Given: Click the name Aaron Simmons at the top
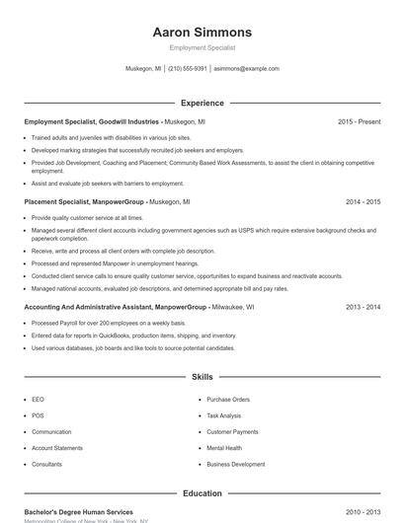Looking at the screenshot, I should click(202, 33).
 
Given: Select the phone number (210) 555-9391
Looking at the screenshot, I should click(188, 69).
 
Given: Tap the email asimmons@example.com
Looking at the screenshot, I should click(246, 69).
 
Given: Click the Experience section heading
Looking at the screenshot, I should click(202, 103).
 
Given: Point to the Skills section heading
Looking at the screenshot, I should click(202, 377).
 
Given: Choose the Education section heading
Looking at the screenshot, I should click(202, 492).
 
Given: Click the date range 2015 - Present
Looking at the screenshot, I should click(359, 121).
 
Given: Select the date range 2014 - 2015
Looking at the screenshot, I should click(363, 201).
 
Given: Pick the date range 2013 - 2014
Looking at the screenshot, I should click(363, 307).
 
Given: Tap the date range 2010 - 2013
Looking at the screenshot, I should click(363, 512).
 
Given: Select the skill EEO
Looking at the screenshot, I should click(38, 400).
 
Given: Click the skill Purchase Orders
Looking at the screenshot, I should click(228, 400).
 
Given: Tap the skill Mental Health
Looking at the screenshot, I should click(224, 448).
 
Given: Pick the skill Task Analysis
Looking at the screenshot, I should click(224, 415).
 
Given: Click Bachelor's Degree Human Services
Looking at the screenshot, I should click(78, 512).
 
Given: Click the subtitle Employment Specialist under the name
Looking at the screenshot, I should click(202, 47).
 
